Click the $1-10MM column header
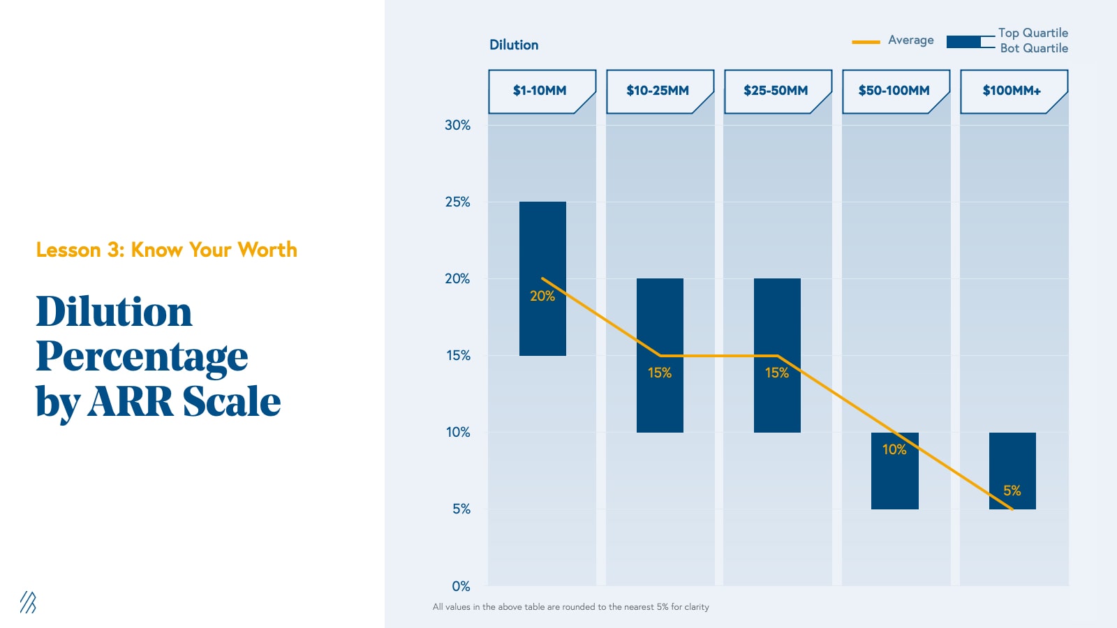pos(540,91)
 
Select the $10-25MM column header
pos(658,91)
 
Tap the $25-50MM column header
pos(776,91)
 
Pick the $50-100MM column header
pos(894,91)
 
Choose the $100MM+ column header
pos(1012,91)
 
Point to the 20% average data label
pos(542,296)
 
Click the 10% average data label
pos(894,449)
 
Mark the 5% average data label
pos(1012,491)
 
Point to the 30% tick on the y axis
pos(457,125)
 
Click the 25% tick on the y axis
pos(457,202)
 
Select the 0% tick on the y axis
pos(461,586)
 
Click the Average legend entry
pos(910,40)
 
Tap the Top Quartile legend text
pos(1033,33)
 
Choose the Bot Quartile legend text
pos(1034,48)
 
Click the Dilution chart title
pos(514,45)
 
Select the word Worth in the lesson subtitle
pos(267,250)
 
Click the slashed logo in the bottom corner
pos(28,602)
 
